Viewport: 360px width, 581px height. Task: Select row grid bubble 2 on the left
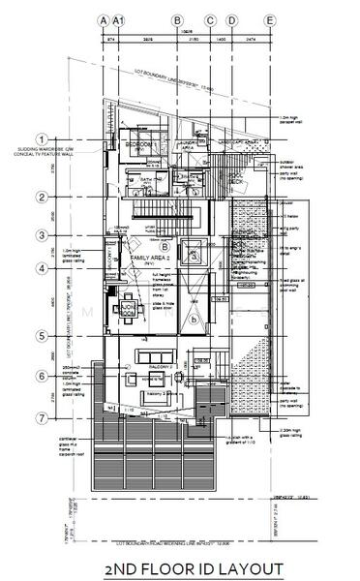pyautogui.click(x=42, y=198)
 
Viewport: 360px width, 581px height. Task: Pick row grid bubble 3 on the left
pyautogui.click(x=42, y=234)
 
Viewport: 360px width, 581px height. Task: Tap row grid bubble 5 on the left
pyautogui.click(x=42, y=336)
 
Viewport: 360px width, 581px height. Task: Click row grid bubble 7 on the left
pyautogui.click(x=42, y=418)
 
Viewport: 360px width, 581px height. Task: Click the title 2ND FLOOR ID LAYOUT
pyautogui.click(x=180, y=567)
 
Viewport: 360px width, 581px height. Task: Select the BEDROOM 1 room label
pyautogui.click(x=140, y=144)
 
